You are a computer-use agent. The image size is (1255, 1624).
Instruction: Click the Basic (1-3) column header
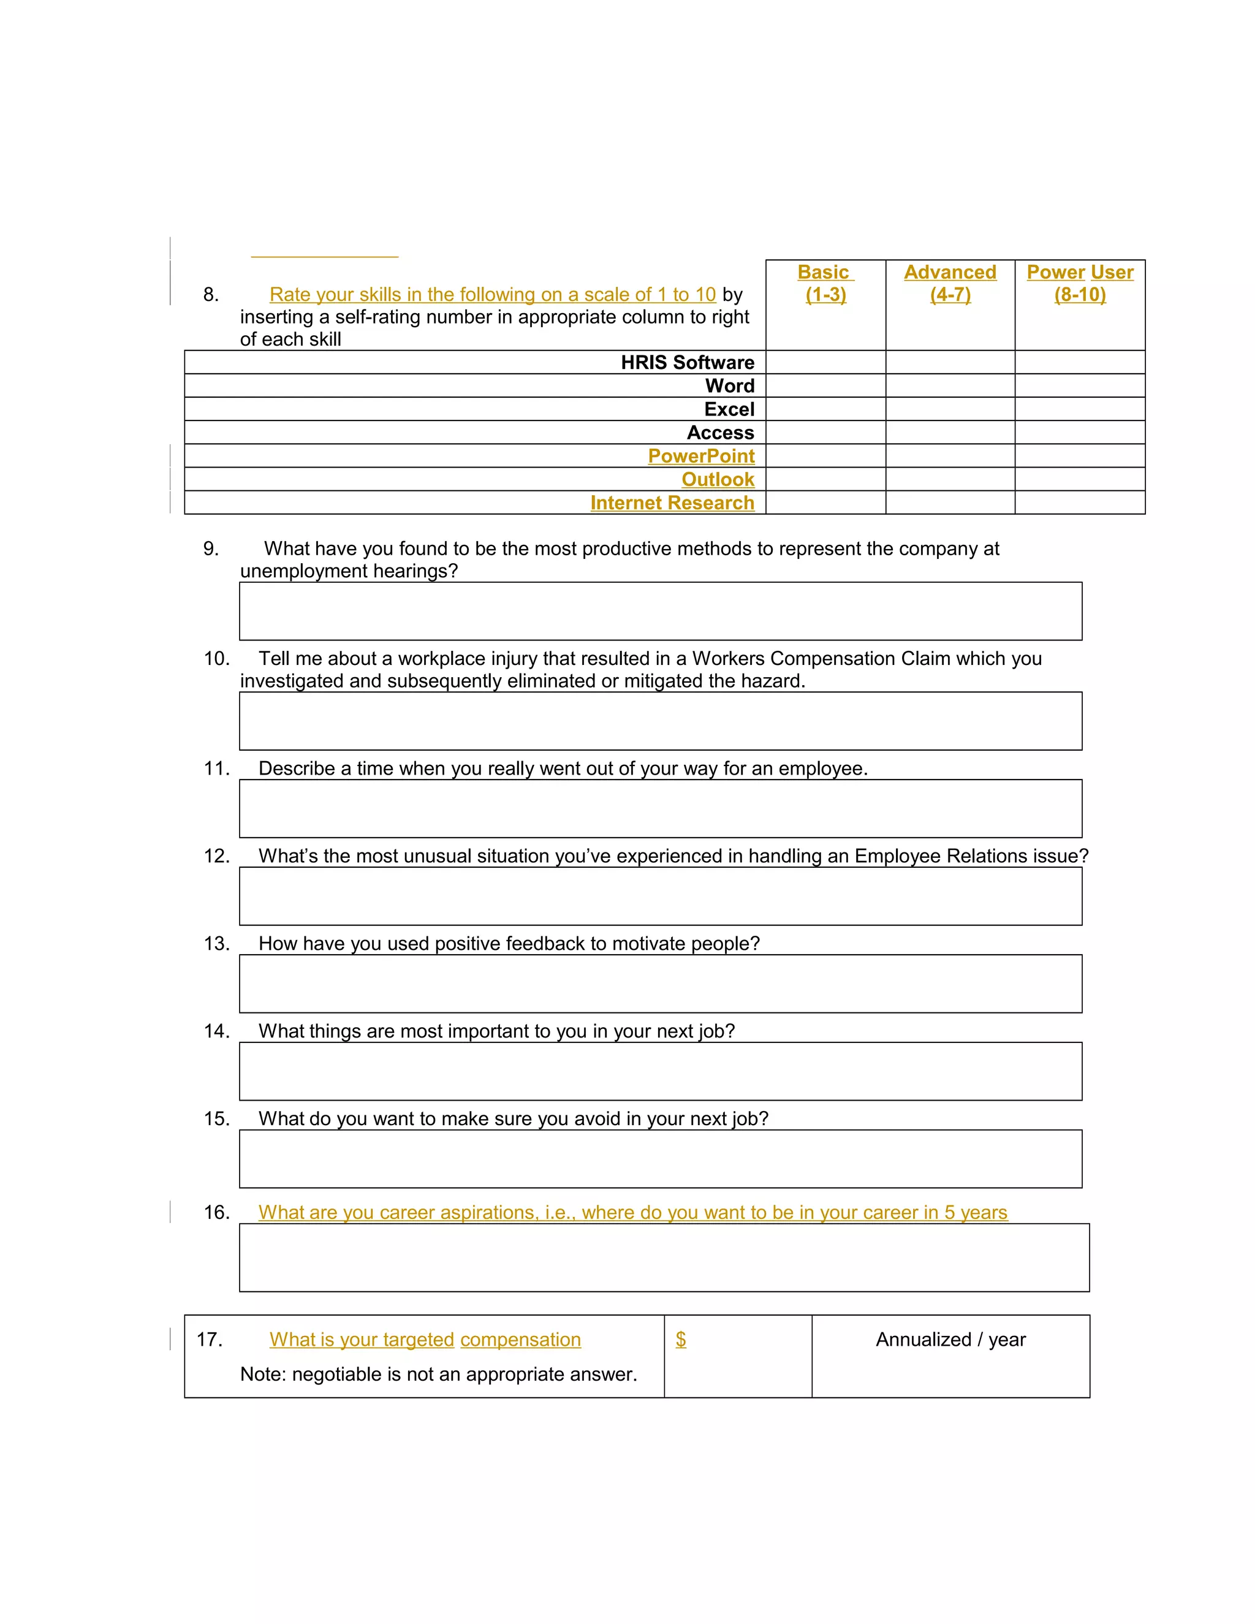825,283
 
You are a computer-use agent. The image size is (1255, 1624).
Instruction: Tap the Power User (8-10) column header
1080,283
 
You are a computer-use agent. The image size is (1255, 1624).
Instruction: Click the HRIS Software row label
687,362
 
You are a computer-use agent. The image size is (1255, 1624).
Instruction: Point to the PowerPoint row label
700,456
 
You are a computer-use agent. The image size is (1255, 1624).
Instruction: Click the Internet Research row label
672,503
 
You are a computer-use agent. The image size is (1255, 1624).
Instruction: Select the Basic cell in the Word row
825,385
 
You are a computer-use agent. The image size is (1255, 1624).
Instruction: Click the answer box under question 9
660,610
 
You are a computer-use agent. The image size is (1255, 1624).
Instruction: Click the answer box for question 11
660,808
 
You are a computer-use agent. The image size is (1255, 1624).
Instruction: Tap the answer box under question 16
664,1258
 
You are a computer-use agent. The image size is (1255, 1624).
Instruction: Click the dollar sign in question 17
680,1339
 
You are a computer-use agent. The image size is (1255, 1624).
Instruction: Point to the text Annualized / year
950,1339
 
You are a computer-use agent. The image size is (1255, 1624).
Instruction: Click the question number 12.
216,856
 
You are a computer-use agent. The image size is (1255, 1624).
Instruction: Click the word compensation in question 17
520,1339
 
